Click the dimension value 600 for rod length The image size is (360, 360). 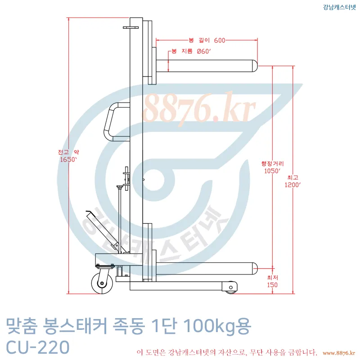(x=219, y=40)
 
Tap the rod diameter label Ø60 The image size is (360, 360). (x=204, y=52)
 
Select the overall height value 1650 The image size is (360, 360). (x=68, y=159)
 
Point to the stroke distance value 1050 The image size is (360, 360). (x=272, y=171)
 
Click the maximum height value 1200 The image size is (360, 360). (x=293, y=184)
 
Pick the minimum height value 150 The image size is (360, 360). (x=272, y=285)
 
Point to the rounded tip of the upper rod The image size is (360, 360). (x=254, y=66)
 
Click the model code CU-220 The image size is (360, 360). (x=38, y=347)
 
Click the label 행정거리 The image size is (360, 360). (x=272, y=164)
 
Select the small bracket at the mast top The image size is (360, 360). (x=130, y=27)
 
